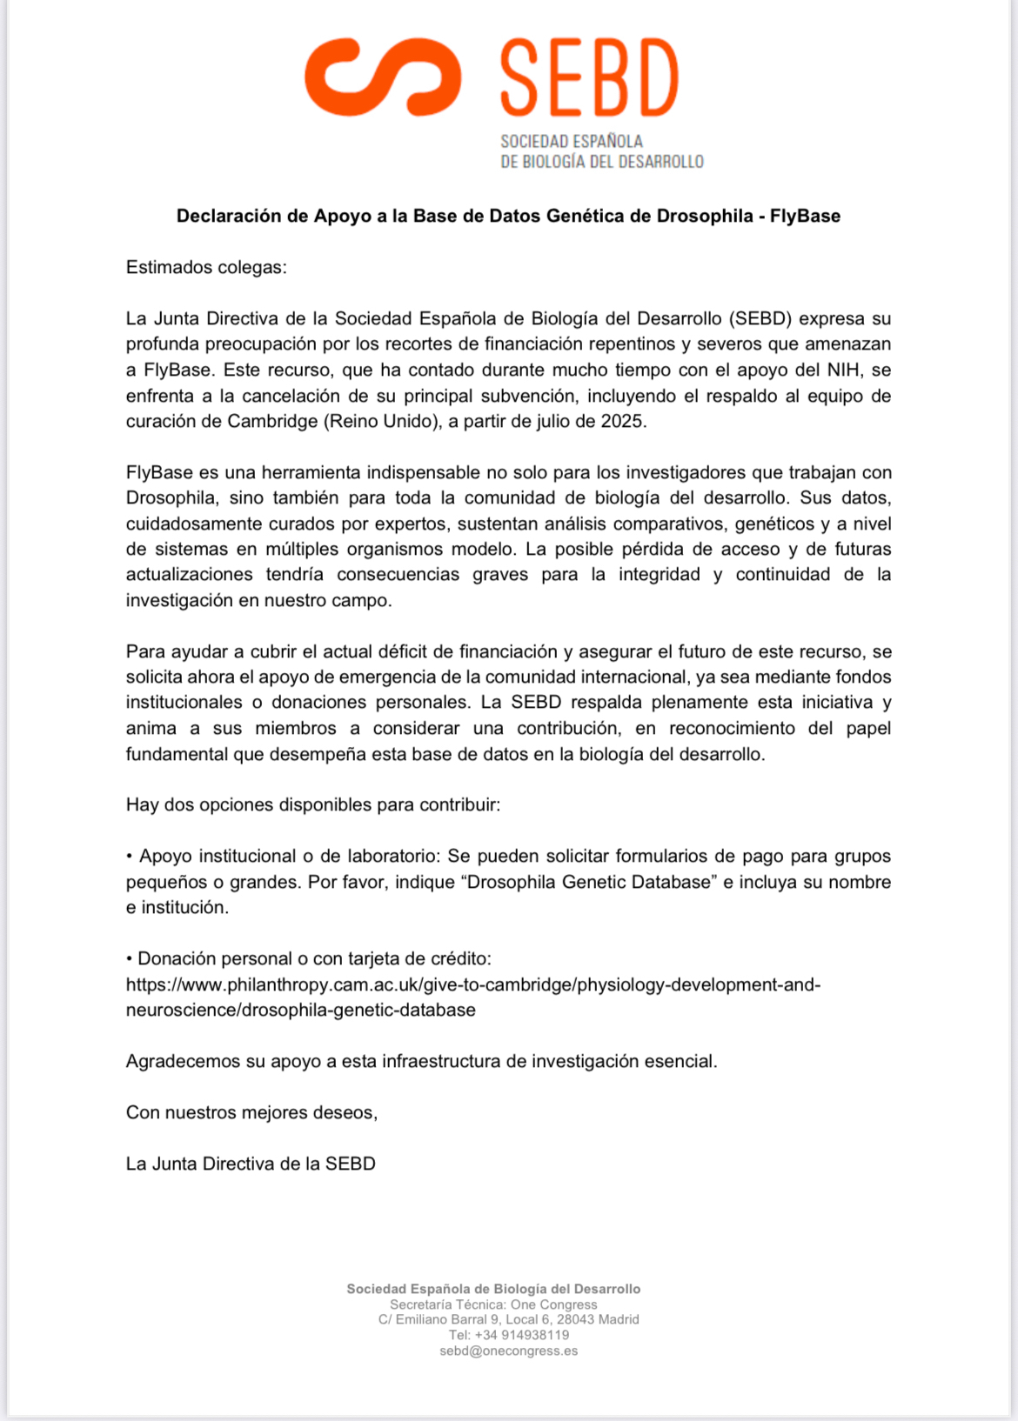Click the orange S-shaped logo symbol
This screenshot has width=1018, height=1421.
[x=383, y=77]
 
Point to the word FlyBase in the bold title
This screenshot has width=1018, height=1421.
[x=805, y=216]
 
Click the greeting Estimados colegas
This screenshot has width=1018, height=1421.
[x=206, y=267]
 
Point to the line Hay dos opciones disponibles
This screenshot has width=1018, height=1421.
[x=313, y=804]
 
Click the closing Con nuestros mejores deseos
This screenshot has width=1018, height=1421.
[x=251, y=1112]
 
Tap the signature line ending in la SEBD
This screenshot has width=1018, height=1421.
[x=251, y=1164]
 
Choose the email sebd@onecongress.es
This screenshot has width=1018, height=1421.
[x=509, y=1351]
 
